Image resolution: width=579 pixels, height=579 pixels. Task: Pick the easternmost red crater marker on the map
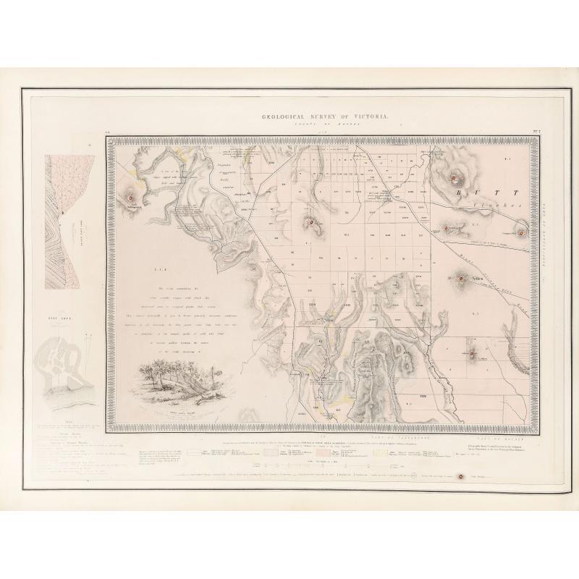[x=520, y=233]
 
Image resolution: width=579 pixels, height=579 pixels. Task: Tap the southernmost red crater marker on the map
[x=474, y=354]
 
